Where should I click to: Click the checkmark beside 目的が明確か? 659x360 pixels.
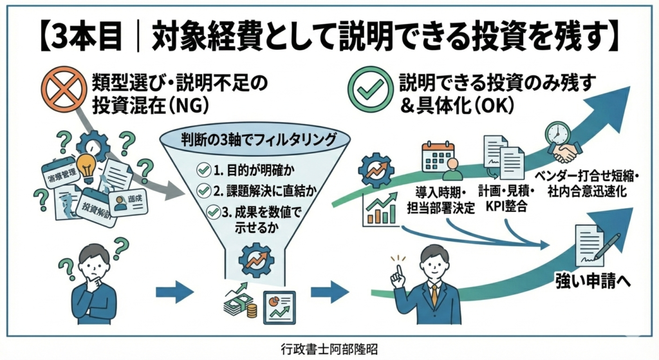click(204, 169)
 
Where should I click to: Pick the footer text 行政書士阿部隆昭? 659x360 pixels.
click(329, 348)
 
